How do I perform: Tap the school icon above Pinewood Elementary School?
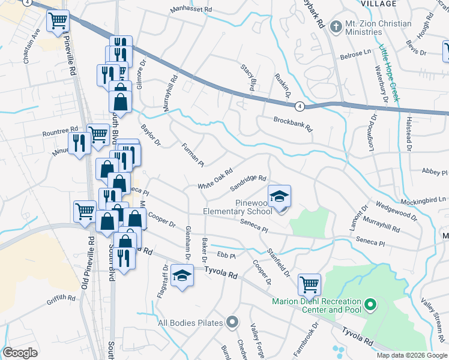279,196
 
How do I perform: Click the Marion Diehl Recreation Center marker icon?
370,305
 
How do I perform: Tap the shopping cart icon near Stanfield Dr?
309,283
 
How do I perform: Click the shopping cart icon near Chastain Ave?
58,22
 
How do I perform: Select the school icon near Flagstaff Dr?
181,276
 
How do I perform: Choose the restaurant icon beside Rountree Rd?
79,143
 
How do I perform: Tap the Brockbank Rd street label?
294,124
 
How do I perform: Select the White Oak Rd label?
215,179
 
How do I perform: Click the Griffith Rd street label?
62,297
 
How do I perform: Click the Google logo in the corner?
20,353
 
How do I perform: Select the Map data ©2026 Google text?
412,355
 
